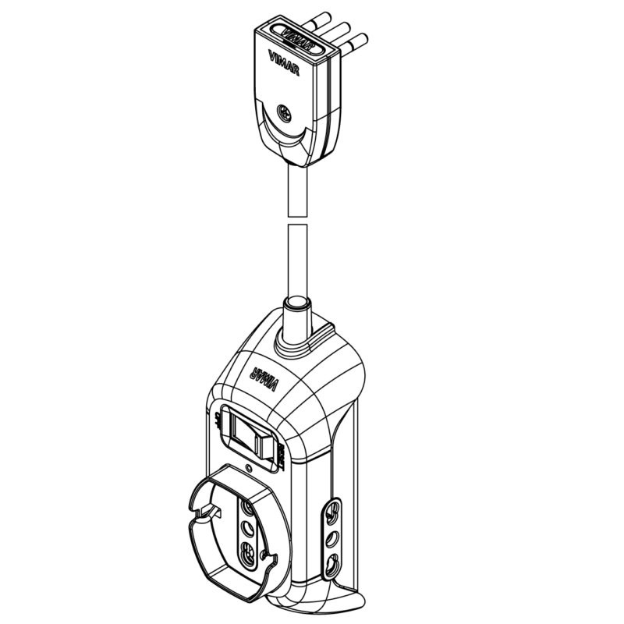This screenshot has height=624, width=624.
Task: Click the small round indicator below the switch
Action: pyautogui.click(x=248, y=469)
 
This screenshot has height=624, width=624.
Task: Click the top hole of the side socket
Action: pyautogui.click(x=334, y=514)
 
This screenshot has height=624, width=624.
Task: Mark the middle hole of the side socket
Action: pyautogui.click(x=334, y=537)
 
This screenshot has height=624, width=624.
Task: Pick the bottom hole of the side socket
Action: pyautogui.click(x=334, y=561)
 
